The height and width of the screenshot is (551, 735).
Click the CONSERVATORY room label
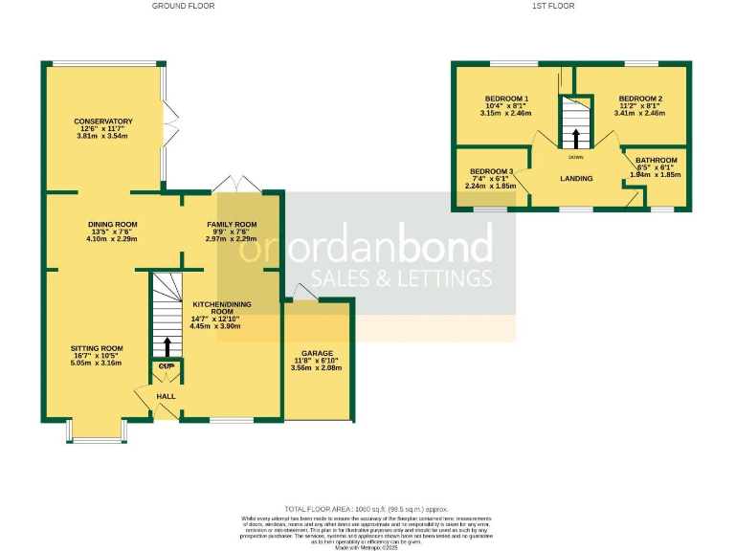[103, 121]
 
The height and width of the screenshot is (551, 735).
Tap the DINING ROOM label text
[113, 224]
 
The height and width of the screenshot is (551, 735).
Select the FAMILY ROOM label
[233, 224]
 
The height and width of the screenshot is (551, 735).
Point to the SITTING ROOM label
[97, 348]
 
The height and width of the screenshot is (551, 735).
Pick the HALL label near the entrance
[167, 396]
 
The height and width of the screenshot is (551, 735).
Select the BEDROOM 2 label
[640, 99]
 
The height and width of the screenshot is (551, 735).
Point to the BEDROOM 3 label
[492, 171]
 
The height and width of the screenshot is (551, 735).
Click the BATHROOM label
[657, 160]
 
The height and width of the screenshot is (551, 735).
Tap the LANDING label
[576, 179]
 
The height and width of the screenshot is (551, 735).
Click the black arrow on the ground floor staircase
[167, 345]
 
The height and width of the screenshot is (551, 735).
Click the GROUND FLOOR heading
[183, 6]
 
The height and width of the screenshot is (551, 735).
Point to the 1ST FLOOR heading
[552, 6]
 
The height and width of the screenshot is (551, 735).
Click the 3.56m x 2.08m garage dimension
[318, 368]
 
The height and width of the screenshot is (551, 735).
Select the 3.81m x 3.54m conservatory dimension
[103, 137]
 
